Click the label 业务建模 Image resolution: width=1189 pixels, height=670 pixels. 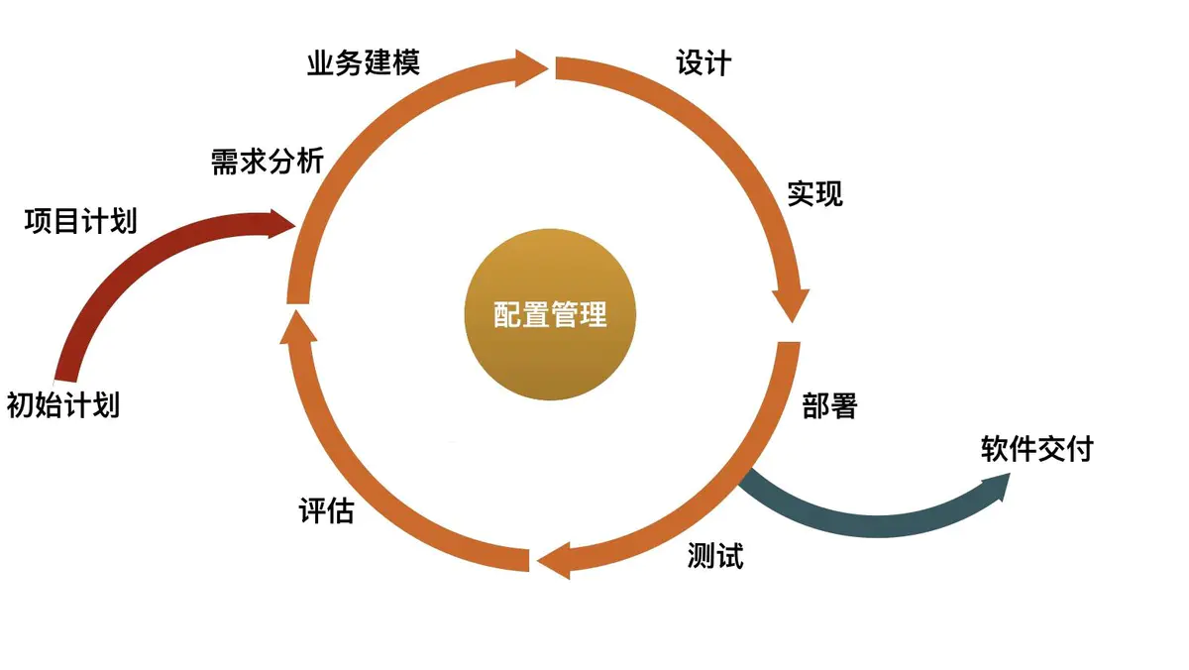(x=364, y=62)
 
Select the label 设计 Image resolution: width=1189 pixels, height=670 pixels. (x=703, y=62)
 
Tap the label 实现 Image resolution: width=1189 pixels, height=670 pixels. (x=815, y=193)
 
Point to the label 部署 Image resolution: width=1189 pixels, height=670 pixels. (x=829, y=405)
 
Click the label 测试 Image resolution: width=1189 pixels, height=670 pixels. (x=715, y=556)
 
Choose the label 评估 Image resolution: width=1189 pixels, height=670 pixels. (x=326, y=511)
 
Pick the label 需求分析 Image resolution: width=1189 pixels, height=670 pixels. (x=268, y=161)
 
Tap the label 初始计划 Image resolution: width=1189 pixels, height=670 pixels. (x=63, y=405)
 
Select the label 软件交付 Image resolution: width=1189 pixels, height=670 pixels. (x=1036, y=449)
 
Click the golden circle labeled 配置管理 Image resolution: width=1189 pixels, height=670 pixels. (x=549, y=316)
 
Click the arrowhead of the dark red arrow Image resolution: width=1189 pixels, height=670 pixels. (x=281, y=222)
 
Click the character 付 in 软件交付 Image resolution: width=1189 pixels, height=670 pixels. (x=1079, y=449)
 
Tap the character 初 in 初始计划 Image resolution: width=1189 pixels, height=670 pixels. (x=21, y=405)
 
